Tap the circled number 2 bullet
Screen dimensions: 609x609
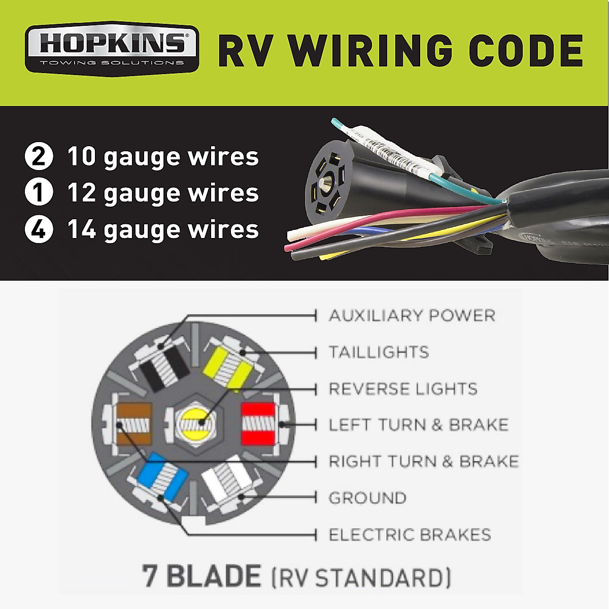(x=39, y=156)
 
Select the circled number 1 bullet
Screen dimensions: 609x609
(x=39, y=193)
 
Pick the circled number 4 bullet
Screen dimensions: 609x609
(x=39, y=229)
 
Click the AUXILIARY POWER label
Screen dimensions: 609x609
(x=412, y=316)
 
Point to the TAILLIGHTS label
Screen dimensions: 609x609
(x=379, y=352)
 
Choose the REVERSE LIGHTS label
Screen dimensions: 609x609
(x=403, y=389)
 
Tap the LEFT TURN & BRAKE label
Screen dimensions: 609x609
(x=418, y=425)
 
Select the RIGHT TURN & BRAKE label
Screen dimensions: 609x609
(x=424, y=461)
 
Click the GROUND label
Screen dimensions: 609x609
(x=367, y=498)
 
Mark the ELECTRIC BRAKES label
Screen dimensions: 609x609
(x=410, y=534)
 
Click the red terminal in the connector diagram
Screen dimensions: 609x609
(x=258, y=423)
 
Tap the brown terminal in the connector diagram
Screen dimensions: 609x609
(x=134, y=423)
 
